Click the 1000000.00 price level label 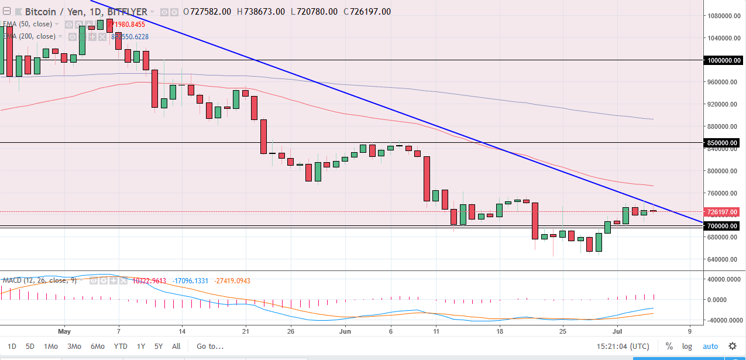[x=724, y=60]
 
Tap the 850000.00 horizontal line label [x=724, y=143]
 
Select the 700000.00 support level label [x=724, y=226]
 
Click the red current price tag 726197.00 [x=724, y=212]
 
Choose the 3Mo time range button [x=74, y=346]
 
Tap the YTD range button [x=121, y=346]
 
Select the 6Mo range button [x=97, y=346]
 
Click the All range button [x=176, y=346]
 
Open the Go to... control [x=210, y=346]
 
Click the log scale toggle [x=687, y=346]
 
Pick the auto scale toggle [x=710, y=346]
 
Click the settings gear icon [x=732, y=346]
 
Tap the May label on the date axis [x=64, y=330]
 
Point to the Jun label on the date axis [x=345, y=330]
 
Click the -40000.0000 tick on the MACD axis [x=723, y=321]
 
